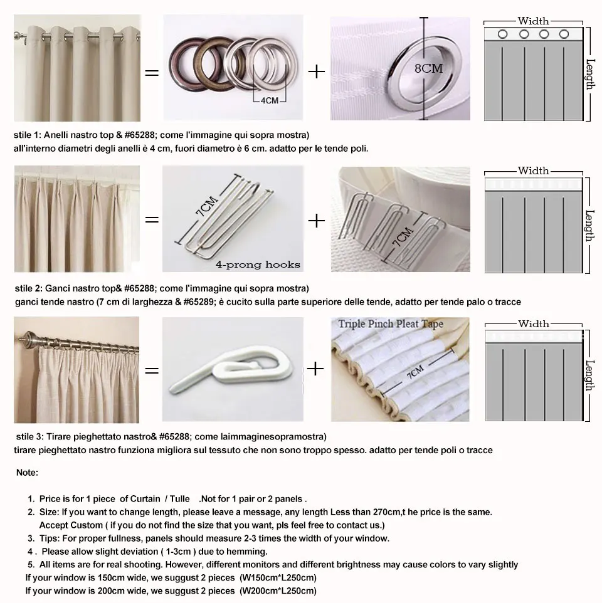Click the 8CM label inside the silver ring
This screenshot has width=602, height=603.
click(428, 68)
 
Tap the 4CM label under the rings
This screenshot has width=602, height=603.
click(269, 101)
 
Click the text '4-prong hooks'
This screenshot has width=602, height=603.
click(258, 265)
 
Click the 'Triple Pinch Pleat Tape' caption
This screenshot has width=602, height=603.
click(391, 324)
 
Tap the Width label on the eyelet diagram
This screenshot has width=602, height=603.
click(533, 21)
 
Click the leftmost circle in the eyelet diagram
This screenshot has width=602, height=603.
click(502, 34)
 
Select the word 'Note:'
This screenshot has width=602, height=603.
click(28, 473)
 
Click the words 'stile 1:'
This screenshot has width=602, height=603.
click(27, 135)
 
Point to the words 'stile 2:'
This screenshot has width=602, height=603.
click(28, 288)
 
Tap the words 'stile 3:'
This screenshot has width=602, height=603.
click(29, 436)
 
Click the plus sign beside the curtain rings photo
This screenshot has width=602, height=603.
click(316, 71)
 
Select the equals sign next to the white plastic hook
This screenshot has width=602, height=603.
click(152, 370)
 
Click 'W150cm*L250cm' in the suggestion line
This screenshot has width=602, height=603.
click(278, 578)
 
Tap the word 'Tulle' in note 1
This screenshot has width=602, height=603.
click(179, 499)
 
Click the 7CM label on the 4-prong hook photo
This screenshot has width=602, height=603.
click(207, 206)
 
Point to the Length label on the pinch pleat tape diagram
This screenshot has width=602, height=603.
click(589, 375)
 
